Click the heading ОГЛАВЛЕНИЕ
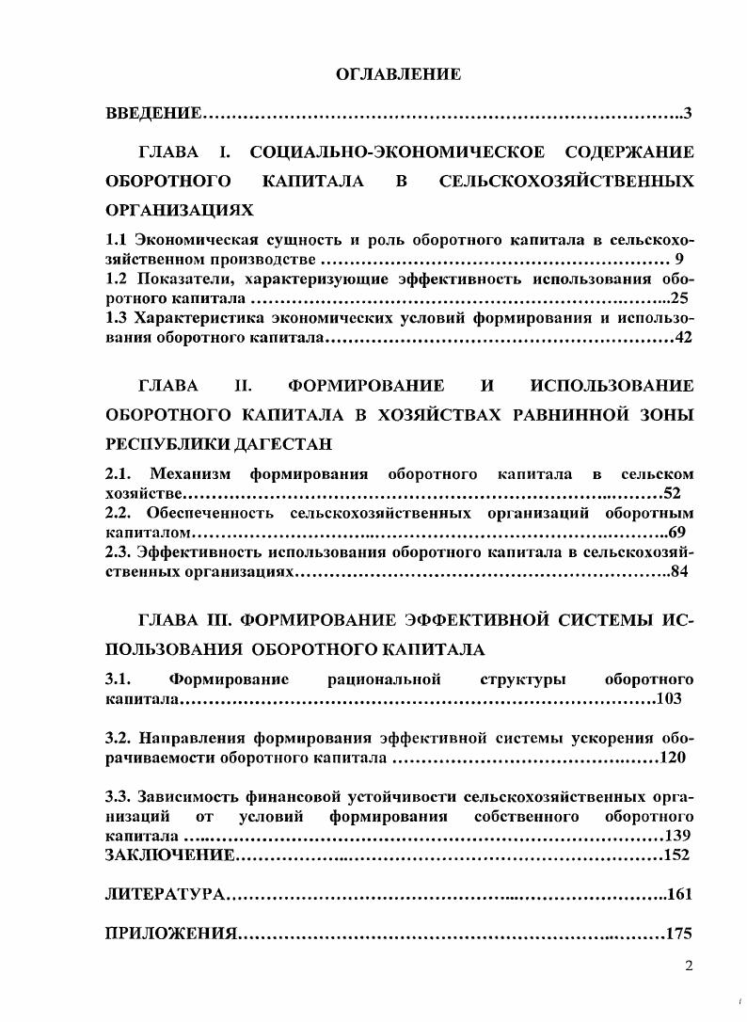click(x=398, y=74)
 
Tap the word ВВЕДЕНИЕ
click(x=152, y=114)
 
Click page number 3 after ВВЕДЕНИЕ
click(x=688, y=114)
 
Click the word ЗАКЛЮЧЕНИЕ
click(x=168, y=855)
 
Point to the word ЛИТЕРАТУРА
click(x=164, y=894)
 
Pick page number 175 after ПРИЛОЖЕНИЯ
click(x=678, y=934)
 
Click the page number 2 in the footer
click(x=689, y=966)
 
